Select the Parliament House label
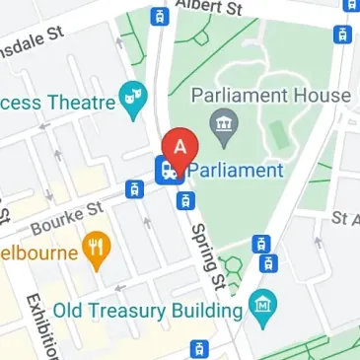270,96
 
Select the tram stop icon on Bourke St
132,189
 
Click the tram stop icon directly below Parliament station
182,201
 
